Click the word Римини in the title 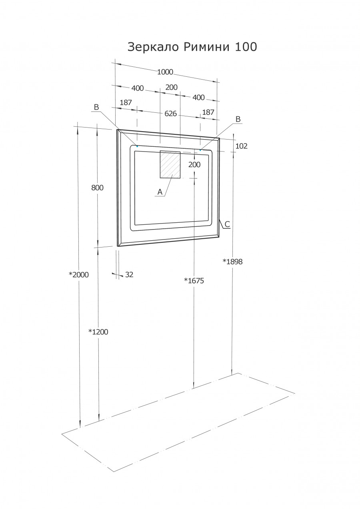(x=206, y=47)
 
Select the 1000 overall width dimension (x=165, y=72)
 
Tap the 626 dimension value (x=171, y=114)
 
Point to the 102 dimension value (x=241, y=146)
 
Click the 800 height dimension (x=97, y=188)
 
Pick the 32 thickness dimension (x=129, y=275)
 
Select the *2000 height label (x=78, y=275)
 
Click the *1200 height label (x=98, y=332)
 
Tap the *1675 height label (x=194, y=281)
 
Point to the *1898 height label (x=232, y=262)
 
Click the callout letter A (x=160, y=192)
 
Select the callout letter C (x=227, y=224)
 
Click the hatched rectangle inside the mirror (x=170, y=164)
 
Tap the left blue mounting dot (x=137, y=146)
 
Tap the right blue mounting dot (x=200, y=150)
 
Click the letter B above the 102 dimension (x=238, y=119)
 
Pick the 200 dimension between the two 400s (x=171, y=88)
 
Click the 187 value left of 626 (x=126, y=103)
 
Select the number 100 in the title (x=246, y=47)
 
